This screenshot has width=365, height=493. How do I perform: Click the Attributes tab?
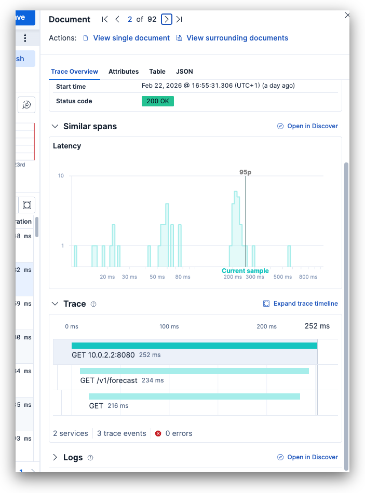pyautogui.click(x=124, y=72)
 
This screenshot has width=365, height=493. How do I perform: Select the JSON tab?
pyautogui.click(x=184, y=72)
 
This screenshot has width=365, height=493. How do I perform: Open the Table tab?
pyautogui.click(x=157, y=72)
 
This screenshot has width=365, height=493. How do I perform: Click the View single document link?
pyautogui.click(x=131, y=38)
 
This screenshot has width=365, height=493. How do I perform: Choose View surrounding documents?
pyautogui.click(x=237, y=38)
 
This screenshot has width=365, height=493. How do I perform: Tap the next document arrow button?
pyautogui.click(x=167, y=19)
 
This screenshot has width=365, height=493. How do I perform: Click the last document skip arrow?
pyautogui.click(x=179, y=19)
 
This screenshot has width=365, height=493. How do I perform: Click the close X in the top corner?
pyautogui.click(x=347, y=16)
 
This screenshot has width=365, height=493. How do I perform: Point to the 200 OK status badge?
pyautogui.click(x=157, y=101)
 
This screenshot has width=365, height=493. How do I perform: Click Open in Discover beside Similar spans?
pyautogui.click(x=312, y=126)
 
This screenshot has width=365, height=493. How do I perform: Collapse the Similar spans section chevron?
pyautogui.click(x=55, y=126)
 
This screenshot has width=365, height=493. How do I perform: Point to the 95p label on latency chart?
pyautogui.click(x=246, y=172)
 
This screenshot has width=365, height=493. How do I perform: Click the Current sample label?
pyautogui.click(x=245, y=271)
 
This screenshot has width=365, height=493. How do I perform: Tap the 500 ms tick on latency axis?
pyautogui.click(x=282, y=277)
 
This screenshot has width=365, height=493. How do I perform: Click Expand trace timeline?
pyautogui.click(x=305, y=304)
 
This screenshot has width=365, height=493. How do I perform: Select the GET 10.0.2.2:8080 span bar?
pyautogui.click(x=194, y=346)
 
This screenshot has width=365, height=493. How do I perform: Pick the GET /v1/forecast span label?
pyautogui.click(x=109, y=380)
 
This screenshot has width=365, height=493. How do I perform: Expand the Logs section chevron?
pyautogui.click(x=55, y=457)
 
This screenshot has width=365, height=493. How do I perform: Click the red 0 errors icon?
pyautogui.click(x=159, y=433)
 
